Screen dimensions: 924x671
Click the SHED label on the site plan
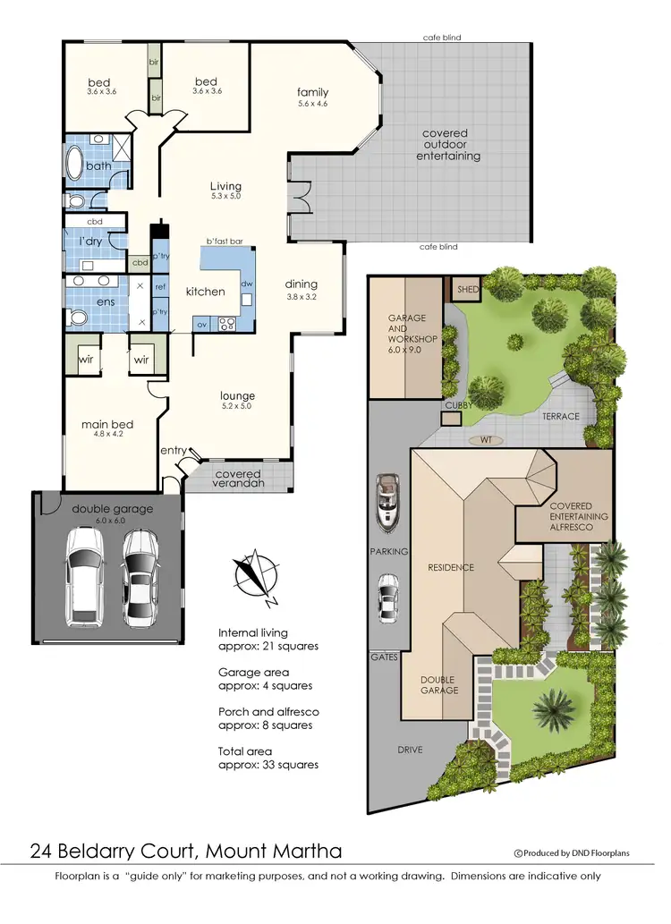pos(468,290)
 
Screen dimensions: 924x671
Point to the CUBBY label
pos(458,406)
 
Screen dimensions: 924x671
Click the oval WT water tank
pos(485,440)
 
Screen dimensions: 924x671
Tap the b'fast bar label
pos(225,242)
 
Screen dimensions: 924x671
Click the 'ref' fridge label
pos(160,287)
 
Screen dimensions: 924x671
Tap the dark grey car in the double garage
pos(141,577)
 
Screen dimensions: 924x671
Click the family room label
pos(313,92)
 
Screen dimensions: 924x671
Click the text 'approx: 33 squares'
pos(268,765)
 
